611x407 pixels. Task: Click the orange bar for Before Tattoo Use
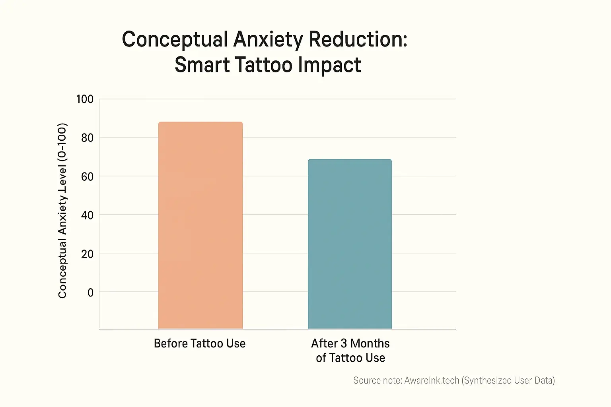[x=200, y=225]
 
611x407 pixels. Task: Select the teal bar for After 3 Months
[x=350, y=244]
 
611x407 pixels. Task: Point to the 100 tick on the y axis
[x=85, y=99]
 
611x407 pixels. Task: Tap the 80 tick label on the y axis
[x=87, y=138]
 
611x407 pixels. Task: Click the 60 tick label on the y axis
[x=87, y=176]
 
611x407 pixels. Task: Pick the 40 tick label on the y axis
[x=87, y=215]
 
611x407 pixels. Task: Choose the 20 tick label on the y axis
[x=87, y=254]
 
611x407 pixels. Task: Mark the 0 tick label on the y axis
[x=90, y=293]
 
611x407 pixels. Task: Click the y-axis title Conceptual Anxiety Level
[x=62, y=211]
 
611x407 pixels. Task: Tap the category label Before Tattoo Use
[x=200, y=343]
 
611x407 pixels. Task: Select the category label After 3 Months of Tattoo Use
[x=350, y=351]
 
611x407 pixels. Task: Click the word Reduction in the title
[x=358, y=40]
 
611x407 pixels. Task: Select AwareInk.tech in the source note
[x=432, y=380]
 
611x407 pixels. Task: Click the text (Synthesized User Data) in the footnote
[x=508, y=380]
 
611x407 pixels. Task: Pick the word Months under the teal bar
[x=370, y=343]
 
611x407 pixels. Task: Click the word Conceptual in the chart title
[x=175, y=40]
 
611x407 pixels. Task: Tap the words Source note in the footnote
[x=377, y=380]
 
